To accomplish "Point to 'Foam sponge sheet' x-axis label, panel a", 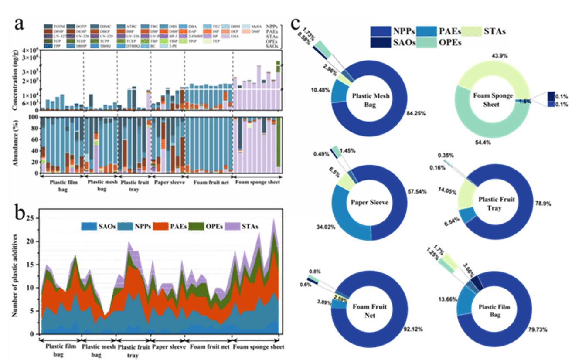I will (258, 183).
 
